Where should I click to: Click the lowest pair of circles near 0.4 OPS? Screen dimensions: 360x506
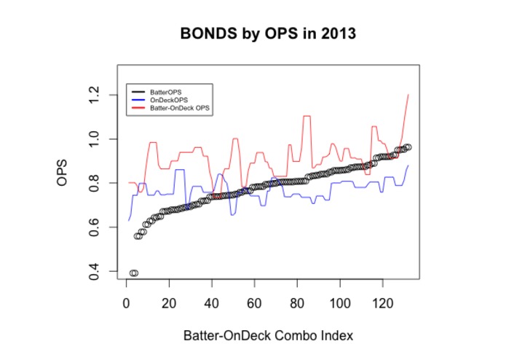click(x=133, y=273)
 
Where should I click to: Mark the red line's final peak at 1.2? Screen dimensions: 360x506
click(x=408, y=95)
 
